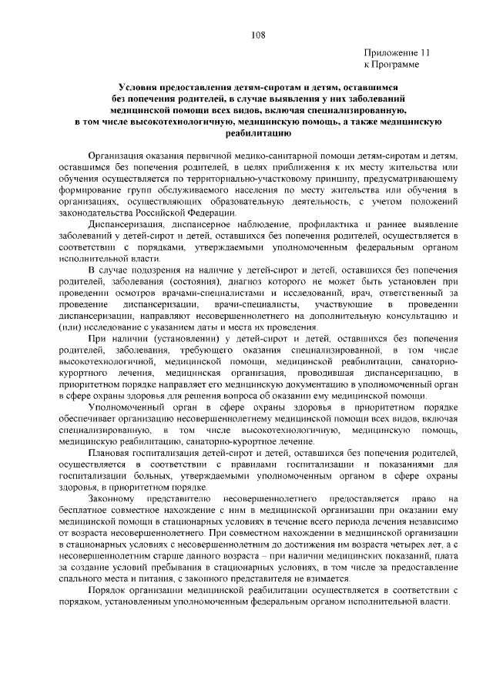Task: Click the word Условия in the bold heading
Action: click(140, 89)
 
